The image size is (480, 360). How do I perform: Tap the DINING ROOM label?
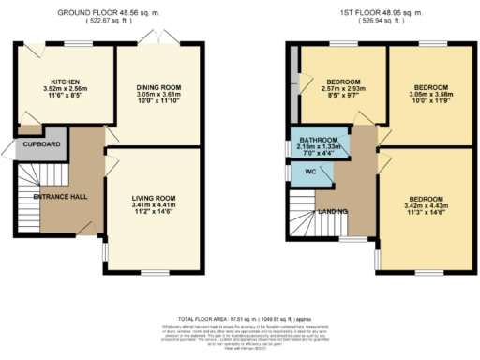click(157, 87)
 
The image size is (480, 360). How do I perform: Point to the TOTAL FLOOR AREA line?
click(239, 318)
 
